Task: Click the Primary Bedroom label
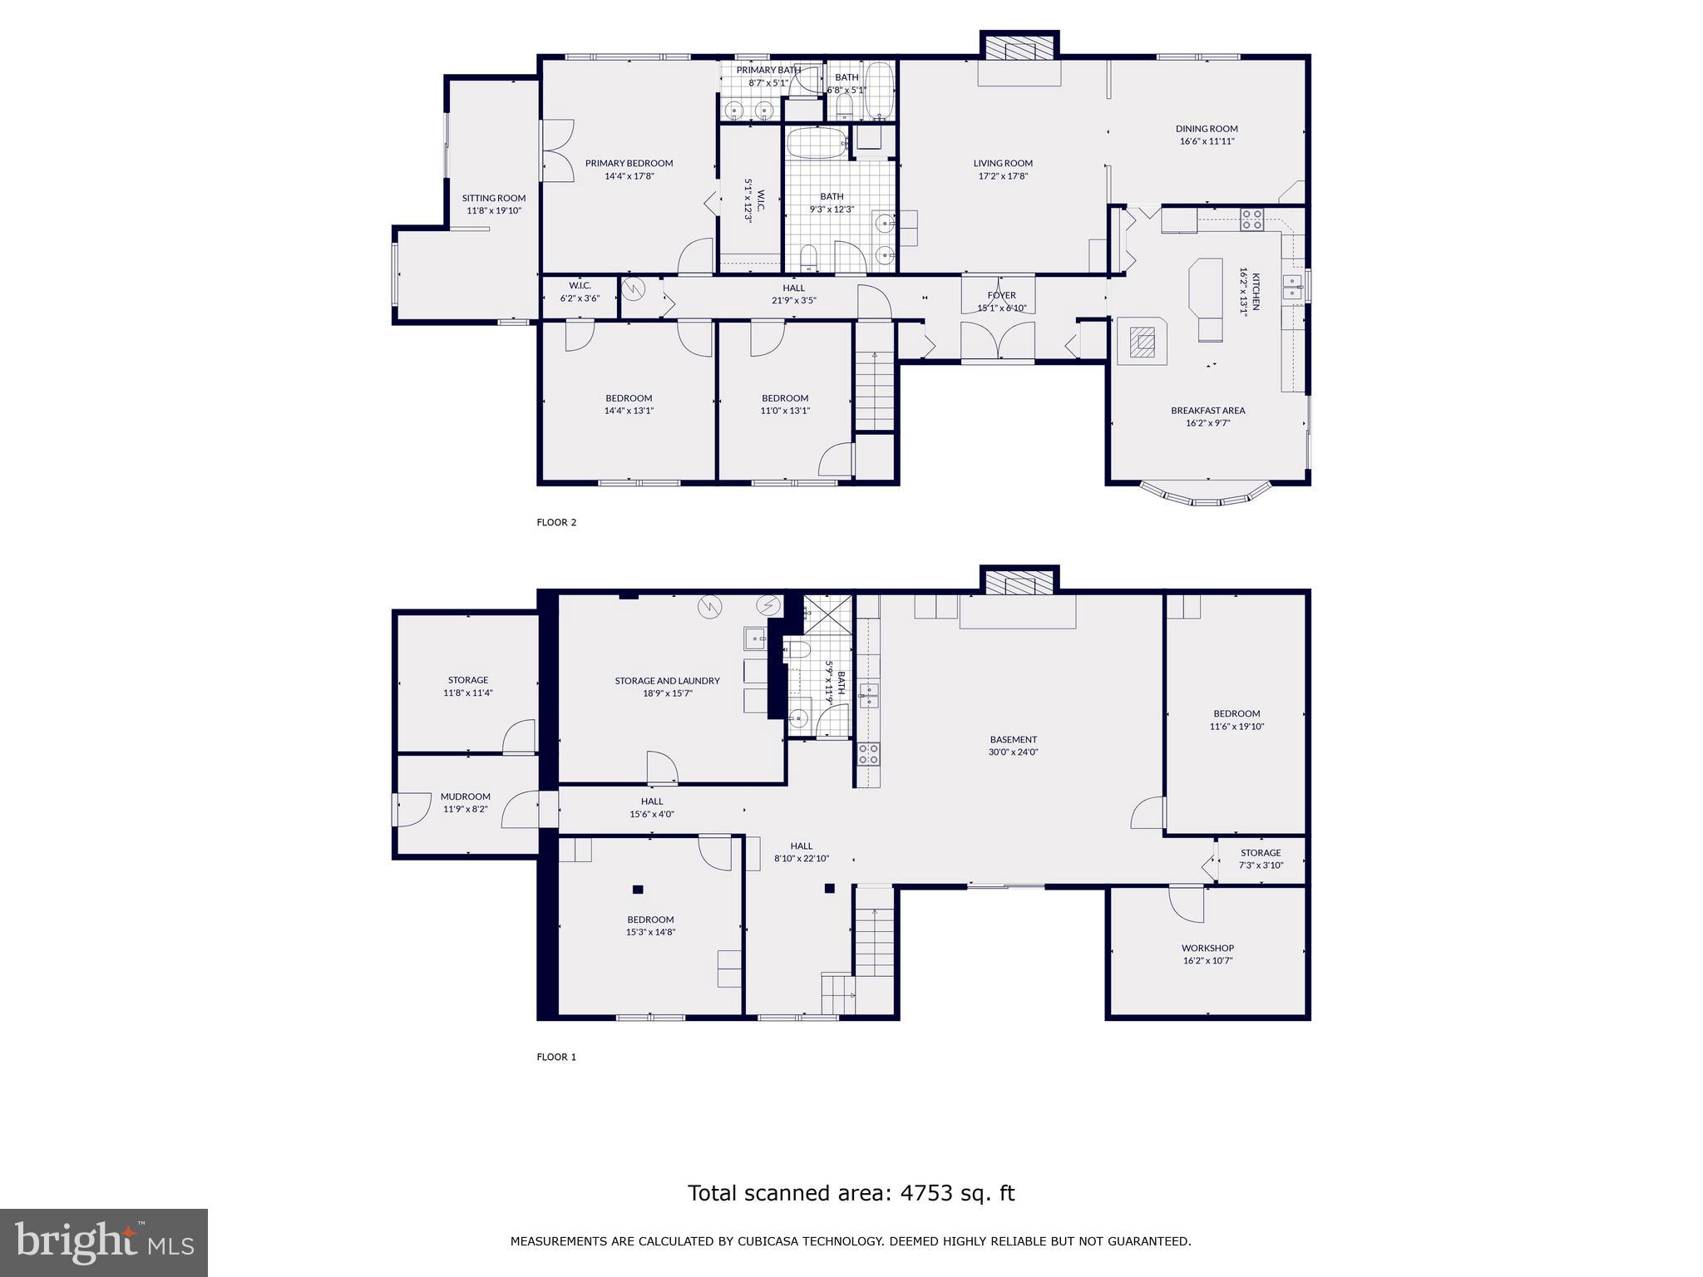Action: pos(629,163)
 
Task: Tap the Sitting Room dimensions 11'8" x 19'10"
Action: pos(494,211)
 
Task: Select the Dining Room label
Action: pos(1207,129)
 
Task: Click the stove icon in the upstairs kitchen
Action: pos(1252,219)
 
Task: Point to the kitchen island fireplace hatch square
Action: pos(1143,341)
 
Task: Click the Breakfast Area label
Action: pos(1207,410)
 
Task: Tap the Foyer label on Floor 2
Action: pos(1001,295)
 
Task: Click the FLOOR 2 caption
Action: pos(556,522)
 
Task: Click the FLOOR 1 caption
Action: pos(556,1057)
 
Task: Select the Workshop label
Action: pos(1207,948)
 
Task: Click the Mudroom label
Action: pos(465,796)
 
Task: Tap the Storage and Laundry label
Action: pos(667,680)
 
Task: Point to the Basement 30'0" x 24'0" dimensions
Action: pos(1013,752)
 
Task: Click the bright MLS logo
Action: pos(104,1242)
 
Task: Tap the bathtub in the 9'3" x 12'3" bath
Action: pos(816,143)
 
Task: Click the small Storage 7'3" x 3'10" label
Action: pos(1261,852)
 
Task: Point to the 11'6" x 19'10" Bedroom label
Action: pos(1237,713)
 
